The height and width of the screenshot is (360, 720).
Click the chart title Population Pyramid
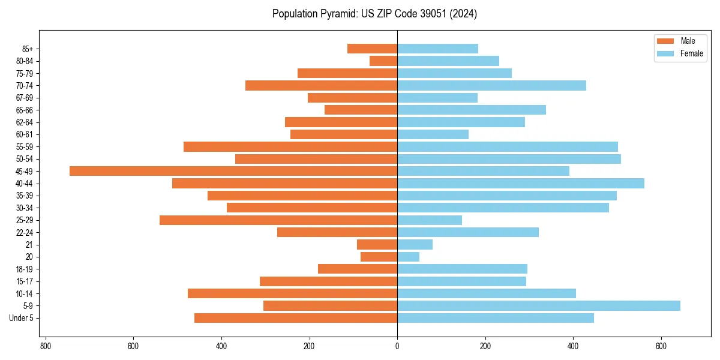point(374,14)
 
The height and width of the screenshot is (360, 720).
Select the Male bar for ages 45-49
point(233,171)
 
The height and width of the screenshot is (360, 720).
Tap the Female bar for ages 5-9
point(538,306)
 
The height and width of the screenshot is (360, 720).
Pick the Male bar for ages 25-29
point(278,220)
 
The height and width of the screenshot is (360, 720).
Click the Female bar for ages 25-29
point(430,220)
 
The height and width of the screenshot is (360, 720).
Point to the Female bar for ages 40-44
point(520,184)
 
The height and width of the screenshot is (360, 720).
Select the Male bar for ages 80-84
point(383,61)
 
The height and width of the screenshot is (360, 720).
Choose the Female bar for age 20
point(408,257)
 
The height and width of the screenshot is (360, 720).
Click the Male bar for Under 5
point(296,318)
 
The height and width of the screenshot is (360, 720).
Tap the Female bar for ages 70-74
point(491,85)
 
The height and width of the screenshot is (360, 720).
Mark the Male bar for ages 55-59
point(290,147)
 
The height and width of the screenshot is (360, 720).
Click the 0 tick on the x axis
point(397,346)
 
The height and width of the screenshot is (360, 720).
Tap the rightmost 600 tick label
point(661,346)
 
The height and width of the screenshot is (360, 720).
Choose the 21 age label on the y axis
point(29,245)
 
